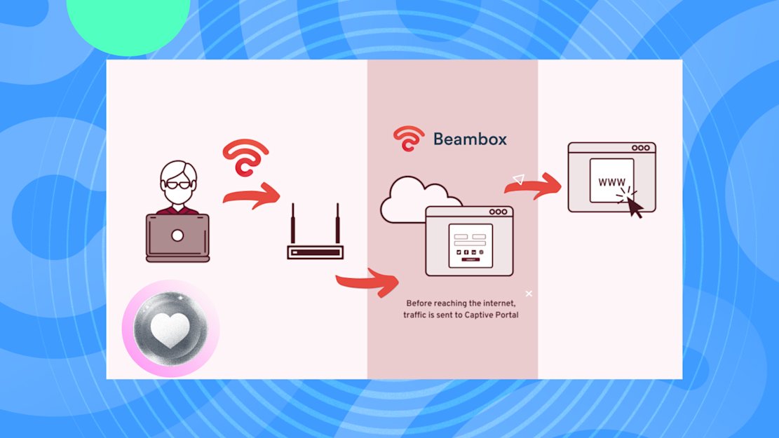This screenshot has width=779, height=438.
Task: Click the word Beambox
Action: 470,139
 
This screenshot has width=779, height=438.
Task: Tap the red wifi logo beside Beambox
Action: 408,138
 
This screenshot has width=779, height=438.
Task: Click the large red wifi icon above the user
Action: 245,157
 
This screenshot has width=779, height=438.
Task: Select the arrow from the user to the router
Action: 252,196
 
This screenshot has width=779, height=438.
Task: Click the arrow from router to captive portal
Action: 367,282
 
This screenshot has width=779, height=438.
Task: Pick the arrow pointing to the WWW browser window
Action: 533,186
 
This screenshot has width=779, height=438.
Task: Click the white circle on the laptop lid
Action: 177,235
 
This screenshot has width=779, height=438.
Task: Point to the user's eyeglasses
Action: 178,185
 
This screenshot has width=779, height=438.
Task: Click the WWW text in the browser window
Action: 611,182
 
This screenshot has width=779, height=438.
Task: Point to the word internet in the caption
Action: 499,303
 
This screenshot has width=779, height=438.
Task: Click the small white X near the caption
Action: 529,294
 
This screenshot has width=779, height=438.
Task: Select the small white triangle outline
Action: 519,179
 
